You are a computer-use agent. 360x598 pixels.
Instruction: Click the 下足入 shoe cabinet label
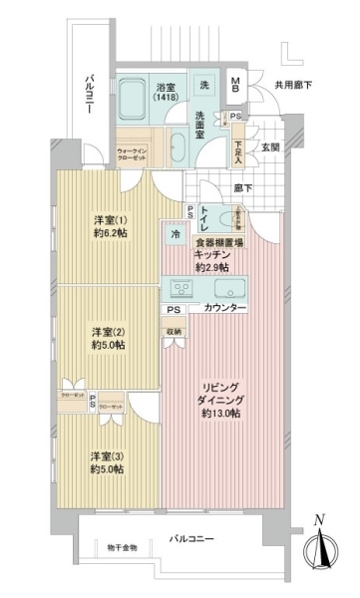tap(237, 149)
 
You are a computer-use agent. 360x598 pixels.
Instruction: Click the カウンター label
tap(224, 310)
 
